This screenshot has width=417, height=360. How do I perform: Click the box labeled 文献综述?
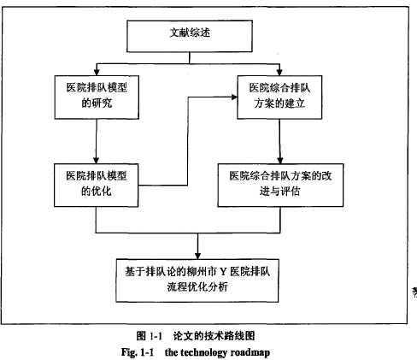190,36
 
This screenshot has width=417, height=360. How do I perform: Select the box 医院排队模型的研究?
97,97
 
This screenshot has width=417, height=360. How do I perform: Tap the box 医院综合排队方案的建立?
279,97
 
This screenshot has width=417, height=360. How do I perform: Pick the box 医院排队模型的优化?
97,186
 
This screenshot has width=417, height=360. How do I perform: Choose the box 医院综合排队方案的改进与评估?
280,186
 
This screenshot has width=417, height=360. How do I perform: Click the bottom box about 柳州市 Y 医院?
197,280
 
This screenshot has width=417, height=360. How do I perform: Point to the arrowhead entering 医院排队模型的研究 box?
97,72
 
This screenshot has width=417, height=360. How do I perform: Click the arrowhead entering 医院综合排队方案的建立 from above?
279,72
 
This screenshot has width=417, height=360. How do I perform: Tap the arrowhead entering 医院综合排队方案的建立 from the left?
234,97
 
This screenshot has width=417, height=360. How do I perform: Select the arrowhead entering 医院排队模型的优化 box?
97,160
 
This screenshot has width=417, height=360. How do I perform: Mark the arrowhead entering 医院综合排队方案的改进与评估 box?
280,160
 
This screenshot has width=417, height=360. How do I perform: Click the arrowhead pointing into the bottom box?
197,256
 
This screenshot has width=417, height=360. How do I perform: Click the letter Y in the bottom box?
223,272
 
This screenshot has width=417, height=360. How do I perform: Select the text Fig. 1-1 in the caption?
138,352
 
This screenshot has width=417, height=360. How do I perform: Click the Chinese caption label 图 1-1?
149,336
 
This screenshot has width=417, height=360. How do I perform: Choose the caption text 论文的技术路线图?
214,336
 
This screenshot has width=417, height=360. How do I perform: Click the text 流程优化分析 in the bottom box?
197,287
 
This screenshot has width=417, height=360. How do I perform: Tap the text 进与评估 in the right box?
279,192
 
